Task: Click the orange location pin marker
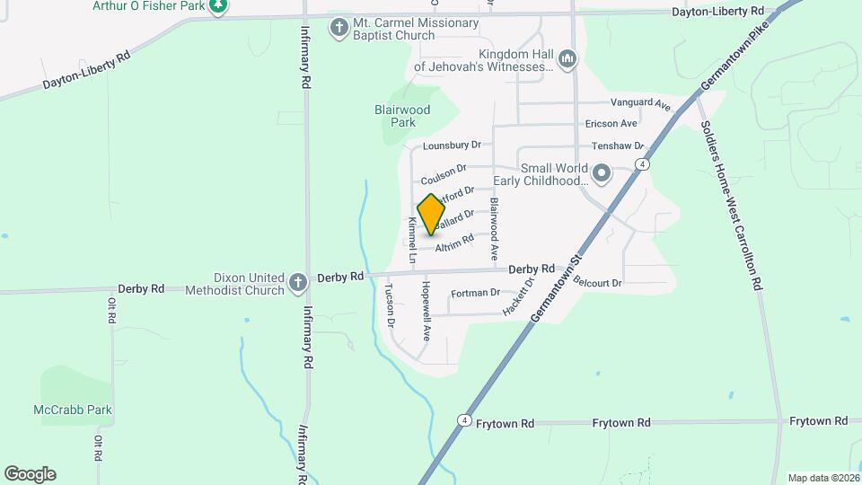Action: click(432, 214)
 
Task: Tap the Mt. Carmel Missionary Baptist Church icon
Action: click(339, 28)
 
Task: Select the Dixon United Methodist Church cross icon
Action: click(299, 284)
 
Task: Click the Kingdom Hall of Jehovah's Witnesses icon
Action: click(567, 60)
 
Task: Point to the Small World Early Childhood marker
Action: click(602, 172)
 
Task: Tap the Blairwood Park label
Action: click(402, 116)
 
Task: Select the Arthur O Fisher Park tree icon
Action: click(218, 7)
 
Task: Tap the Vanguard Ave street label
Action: click(641, 104)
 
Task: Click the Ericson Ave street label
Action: click(611, 123)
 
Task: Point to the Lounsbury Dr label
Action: click(453, 145)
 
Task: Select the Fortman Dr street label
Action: click(475, 293)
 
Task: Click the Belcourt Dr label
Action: click(597, 282)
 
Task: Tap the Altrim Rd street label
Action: click(453, 242)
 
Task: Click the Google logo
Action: click(30, 473)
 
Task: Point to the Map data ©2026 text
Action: click(821, 478)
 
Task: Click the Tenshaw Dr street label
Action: click(618, 145)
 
